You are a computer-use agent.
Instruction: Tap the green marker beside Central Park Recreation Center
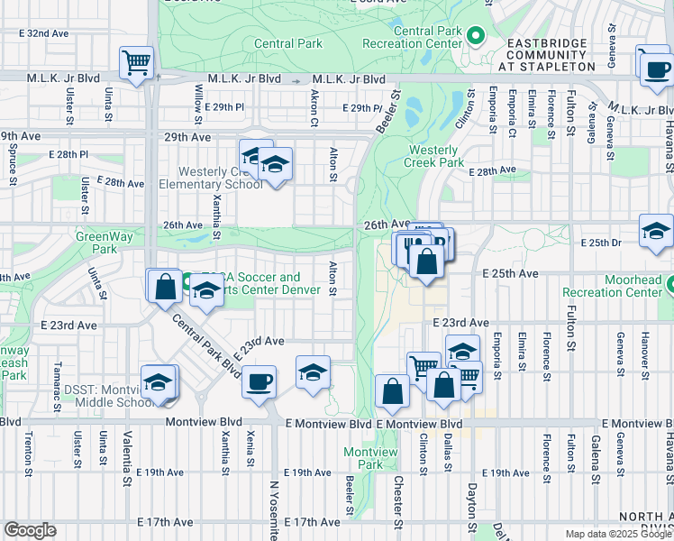(x=477, y=37)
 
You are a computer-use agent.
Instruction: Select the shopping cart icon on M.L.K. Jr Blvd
(x=137, y=63)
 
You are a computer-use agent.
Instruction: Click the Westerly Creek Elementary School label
(x=209, y=178)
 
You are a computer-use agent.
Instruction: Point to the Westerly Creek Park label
(x=436, y=157)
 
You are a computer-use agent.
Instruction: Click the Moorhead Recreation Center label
(x=612, y=286)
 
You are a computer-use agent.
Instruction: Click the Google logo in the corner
(x=30, y=530)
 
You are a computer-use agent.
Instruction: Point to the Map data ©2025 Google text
(x=618, y=534)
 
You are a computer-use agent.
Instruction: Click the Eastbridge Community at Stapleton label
(x=547, y=54)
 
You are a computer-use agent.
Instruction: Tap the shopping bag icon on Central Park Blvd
(x=165, y=286)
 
